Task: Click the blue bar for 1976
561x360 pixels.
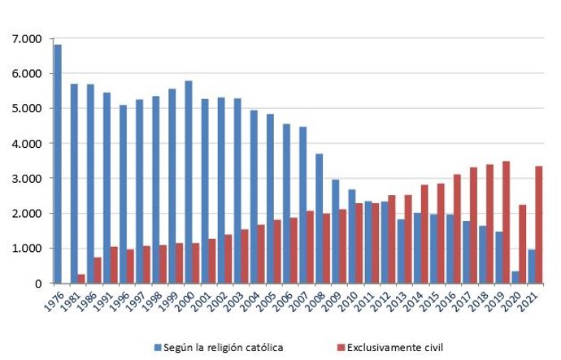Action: [x=57, y=163]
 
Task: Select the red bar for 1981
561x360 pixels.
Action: [x=81, y=279]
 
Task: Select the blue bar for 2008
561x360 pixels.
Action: [x=320, y=219]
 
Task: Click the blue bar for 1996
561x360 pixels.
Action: [x=123, y=194]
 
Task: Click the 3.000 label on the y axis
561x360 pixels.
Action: [x=27, y=178]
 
